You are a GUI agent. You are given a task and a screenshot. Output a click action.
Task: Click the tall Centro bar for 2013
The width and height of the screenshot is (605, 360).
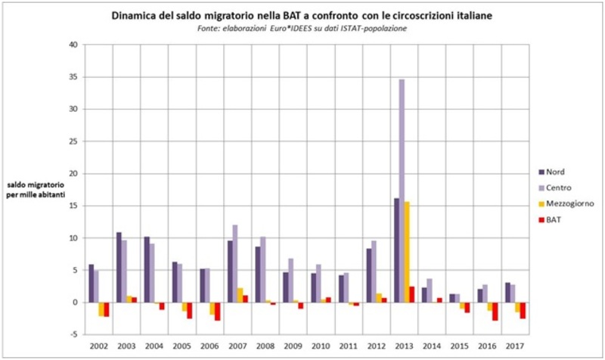click(402, 189)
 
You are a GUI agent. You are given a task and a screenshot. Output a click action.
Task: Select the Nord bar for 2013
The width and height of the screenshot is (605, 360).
click(396, 250)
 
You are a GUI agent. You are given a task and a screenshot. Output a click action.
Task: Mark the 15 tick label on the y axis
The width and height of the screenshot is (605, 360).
click(73, 206)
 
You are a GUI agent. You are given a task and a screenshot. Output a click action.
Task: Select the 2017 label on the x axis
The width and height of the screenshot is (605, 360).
click(515, 345)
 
